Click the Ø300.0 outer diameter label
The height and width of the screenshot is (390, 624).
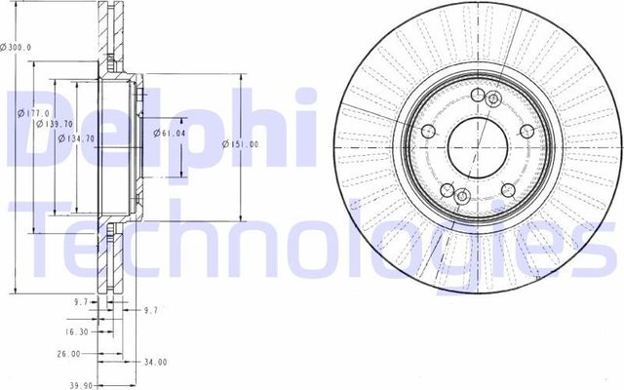point(17,46)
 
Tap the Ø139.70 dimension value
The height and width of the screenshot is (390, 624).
point(54,124)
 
